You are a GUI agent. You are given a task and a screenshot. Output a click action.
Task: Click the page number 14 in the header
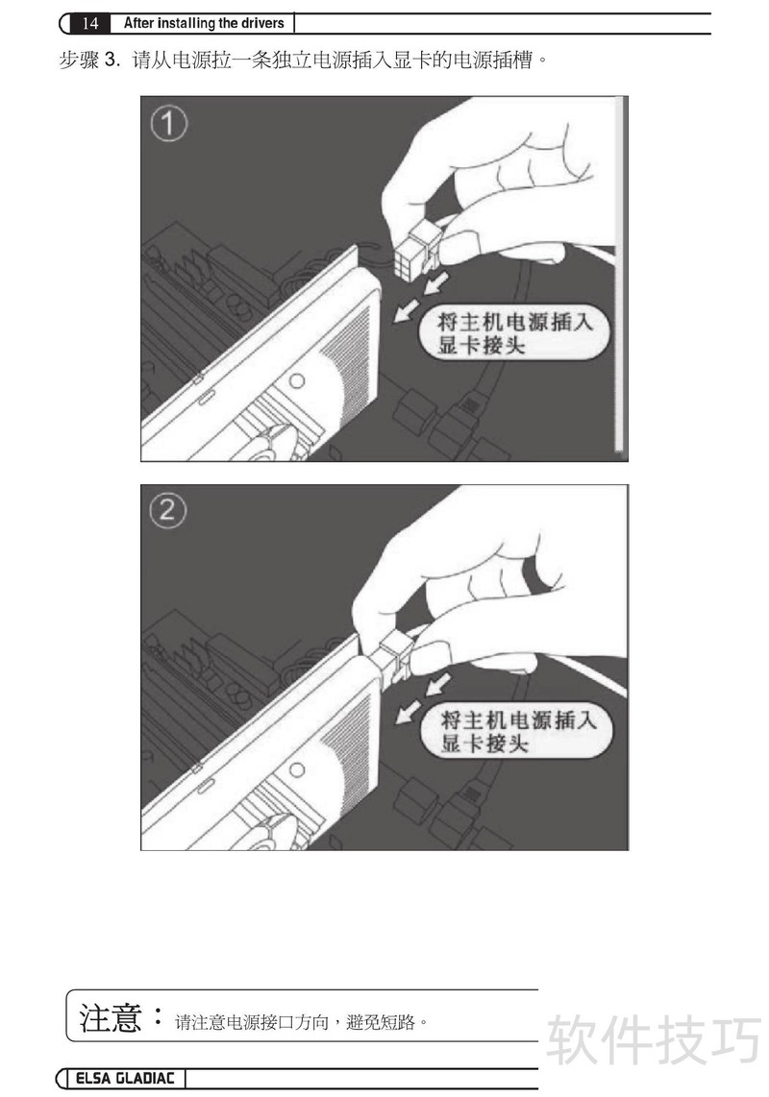click(x=89, y=23)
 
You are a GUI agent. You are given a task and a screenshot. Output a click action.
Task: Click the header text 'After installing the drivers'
click(x=204, y=23)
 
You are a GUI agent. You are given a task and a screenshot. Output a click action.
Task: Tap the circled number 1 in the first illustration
click(x=169, y=124)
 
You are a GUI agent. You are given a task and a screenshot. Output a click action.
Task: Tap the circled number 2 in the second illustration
click(x=168, y=511)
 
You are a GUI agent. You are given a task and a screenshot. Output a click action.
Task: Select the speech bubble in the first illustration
click(x=512, y=333)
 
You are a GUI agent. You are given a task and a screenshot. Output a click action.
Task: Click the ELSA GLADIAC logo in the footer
click(x=125, y=1078)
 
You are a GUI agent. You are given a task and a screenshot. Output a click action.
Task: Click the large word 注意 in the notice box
click(x=110, y=1018)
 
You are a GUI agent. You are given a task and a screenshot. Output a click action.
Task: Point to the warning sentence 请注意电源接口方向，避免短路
click(x=301, y=1022)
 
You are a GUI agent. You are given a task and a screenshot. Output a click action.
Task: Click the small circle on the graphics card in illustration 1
click(x=297, y=381)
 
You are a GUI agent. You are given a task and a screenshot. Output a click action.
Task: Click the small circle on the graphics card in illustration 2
click(x=297, y=769)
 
